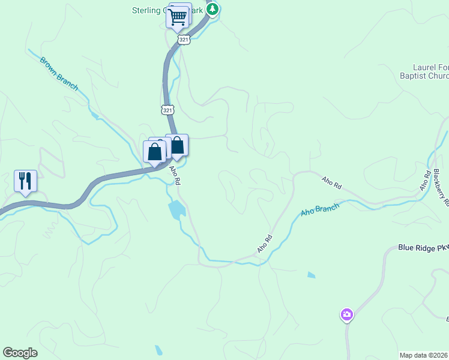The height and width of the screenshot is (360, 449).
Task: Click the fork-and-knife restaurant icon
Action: pyautogui.click(x=25, y=180)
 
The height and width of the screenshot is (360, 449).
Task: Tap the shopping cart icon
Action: pyautogui.click(x=178, y=17)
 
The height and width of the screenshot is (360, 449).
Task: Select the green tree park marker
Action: pyautogui.click(x=212, y=10)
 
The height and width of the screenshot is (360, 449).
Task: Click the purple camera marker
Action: pyautogui.click(x=346, y=314)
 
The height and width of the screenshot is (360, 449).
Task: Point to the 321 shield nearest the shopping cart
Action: pyautogui.click(x=184, y=39)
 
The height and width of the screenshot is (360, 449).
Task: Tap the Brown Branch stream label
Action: pyautogui.click(x=59, y=73)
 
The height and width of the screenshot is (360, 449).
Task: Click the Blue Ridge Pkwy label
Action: pyautogui.click(x=423, y=247)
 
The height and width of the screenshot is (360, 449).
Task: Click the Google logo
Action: pyautogui.click(x=20, y=353)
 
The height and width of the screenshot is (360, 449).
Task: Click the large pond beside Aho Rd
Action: pyautogui.click(x=176, y=210)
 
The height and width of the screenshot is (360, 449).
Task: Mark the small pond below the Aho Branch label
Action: pyautogui.click(x=310, y=275)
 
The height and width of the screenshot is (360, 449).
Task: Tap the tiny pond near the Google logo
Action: pyautogui.click(x=158, y=350)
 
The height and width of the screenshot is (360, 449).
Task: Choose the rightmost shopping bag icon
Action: pyautogui.click(x=178, y=146)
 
